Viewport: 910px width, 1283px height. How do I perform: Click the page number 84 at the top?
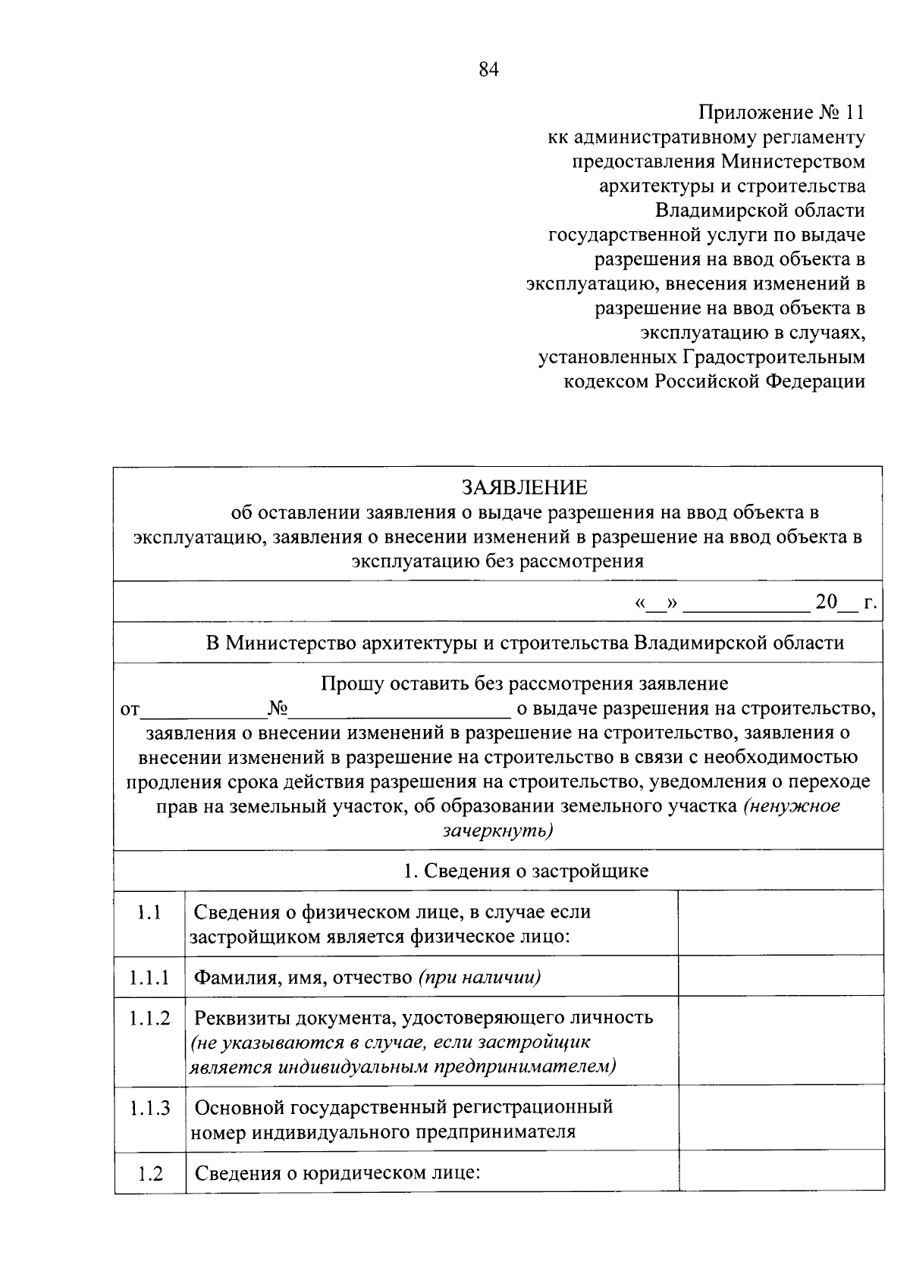[489, 70]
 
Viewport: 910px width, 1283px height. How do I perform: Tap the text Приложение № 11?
[780, 113]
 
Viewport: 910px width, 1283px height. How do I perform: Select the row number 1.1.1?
[149, 978]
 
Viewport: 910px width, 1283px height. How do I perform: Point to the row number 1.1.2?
[149, 1019]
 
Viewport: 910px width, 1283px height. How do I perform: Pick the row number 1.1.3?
[149, 1109]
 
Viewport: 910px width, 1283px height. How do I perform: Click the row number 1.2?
[150, 1175]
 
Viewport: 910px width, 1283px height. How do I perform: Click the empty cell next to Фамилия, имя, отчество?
[780, 976]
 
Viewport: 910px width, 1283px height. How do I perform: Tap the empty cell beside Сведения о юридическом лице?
[780, 1171]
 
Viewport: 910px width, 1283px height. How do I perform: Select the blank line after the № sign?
[400, 711]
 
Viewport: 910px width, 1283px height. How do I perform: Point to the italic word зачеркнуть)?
[498, 831]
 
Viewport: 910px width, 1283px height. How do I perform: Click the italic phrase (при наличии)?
[479, 978]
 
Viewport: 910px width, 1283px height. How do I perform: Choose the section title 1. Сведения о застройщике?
[526, 872]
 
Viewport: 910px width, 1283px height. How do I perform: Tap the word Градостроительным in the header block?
[773, 357]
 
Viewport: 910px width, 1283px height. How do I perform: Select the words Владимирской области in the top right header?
[760, 211]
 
